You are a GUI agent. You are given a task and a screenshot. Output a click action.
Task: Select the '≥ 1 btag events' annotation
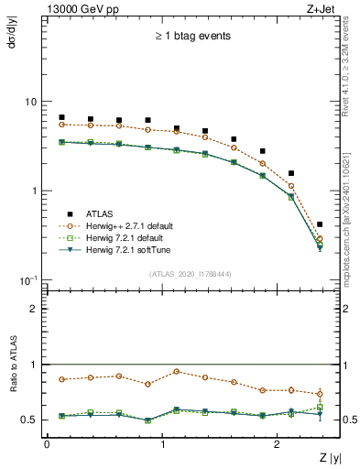(191, 37)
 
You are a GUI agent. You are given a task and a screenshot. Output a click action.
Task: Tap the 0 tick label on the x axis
(47, 443)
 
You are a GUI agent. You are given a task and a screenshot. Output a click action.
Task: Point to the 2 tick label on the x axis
(278, 443)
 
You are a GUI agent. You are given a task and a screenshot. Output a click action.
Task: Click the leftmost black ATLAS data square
(61, 117)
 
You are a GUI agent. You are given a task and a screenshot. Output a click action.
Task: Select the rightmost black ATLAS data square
(319, 224)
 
